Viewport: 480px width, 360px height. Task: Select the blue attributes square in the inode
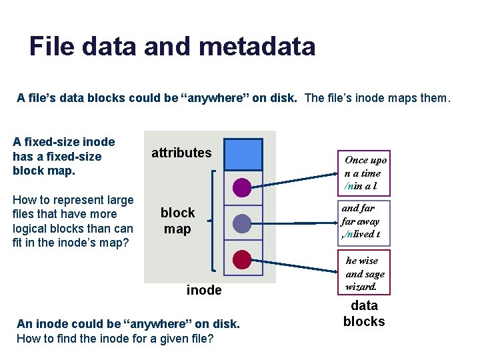coord(243,155)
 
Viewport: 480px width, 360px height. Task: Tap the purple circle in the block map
coord(243,187)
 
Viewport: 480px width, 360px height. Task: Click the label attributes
coord(181,153)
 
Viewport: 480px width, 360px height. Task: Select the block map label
coord(177,221)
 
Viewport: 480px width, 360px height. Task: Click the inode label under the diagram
coord(204,290)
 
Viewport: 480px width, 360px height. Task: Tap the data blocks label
coord(364,313)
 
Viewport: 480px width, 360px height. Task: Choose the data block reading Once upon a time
coord(365,173)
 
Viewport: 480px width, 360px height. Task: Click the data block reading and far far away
coord(361,221)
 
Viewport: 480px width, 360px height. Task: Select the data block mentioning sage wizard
coord(365,273)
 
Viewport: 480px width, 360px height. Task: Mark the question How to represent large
coord(73,200)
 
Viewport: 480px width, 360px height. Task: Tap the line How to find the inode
coord(115,338)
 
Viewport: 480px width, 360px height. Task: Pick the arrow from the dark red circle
coord(293,265)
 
